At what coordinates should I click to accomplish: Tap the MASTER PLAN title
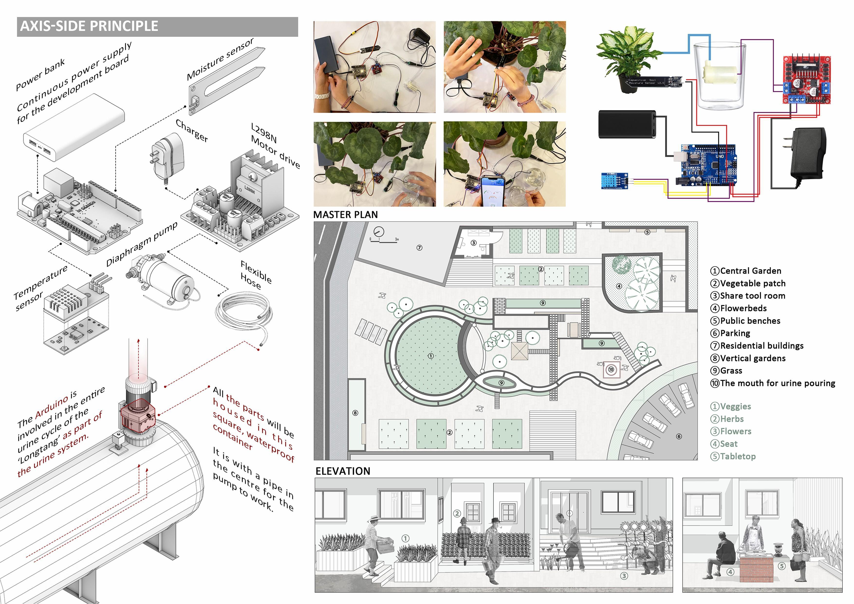pos(345,215)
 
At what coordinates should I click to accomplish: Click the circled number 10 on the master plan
pos(611,369)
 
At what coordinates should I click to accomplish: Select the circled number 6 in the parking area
pos(679,436)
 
